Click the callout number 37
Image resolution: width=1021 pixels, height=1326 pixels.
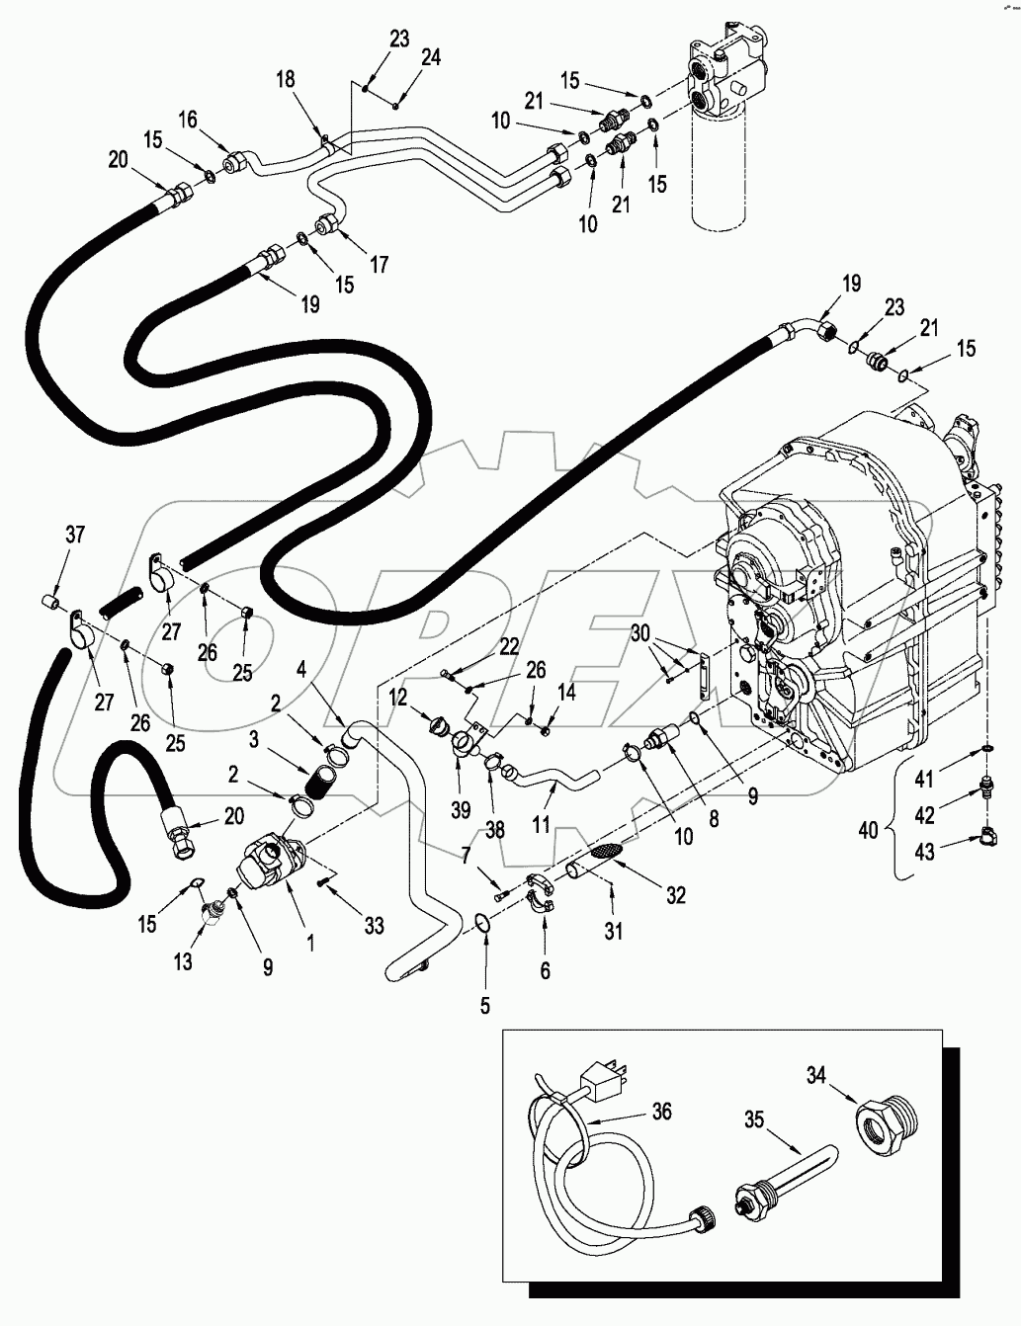point(75,535)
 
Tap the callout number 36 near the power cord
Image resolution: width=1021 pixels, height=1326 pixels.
point(662,1113)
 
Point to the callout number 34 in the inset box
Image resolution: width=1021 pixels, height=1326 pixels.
point(815,1077)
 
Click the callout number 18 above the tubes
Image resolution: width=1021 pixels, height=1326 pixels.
point(285,80)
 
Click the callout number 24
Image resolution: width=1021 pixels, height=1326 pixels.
point(431,57)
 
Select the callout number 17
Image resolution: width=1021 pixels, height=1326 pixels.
point(380,264)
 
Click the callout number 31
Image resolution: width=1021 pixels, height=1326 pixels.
point(613,930)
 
